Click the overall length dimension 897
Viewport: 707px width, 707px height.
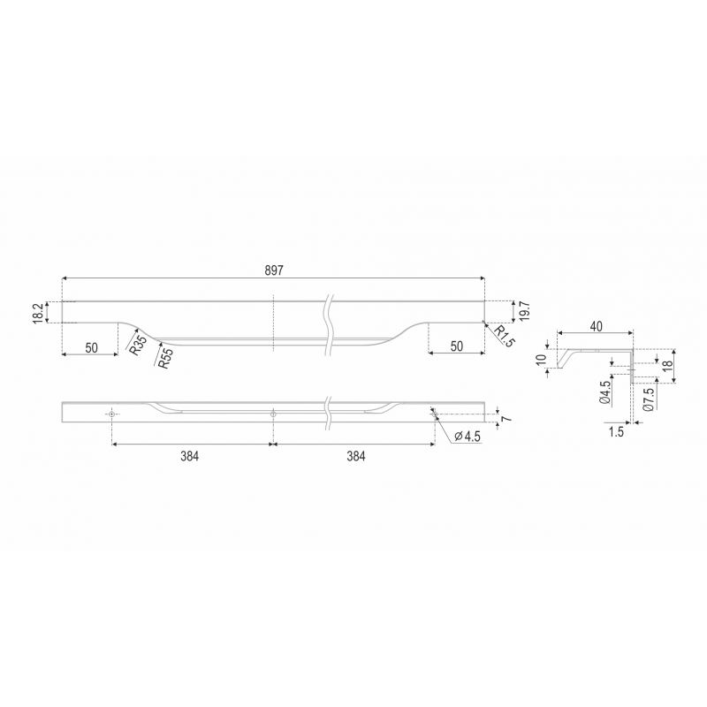[x=274, y=270]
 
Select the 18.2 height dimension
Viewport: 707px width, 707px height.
[x=38, y=313]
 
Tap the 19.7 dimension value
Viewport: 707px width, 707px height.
[x=524, y=311]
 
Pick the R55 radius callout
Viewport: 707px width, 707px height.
[x=165, y=359]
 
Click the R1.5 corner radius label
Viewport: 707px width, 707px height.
[x=504, y=337]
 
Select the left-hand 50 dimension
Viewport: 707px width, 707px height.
[x=92, y=347]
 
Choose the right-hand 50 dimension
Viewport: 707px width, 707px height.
[x=457, y=346]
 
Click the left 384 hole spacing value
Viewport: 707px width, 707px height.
[x=190, y=456]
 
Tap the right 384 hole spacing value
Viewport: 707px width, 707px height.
[x=356, y=456]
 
